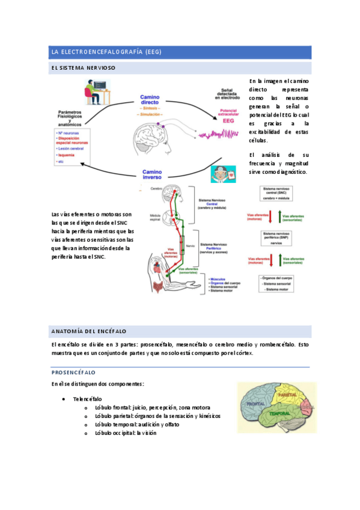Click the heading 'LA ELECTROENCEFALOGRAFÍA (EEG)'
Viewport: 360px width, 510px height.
[106, 52]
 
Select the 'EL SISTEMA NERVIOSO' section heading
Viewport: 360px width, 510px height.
[84, 69]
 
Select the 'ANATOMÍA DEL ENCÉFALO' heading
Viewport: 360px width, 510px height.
[89, 331]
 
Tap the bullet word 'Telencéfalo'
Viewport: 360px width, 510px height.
[87, 399]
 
